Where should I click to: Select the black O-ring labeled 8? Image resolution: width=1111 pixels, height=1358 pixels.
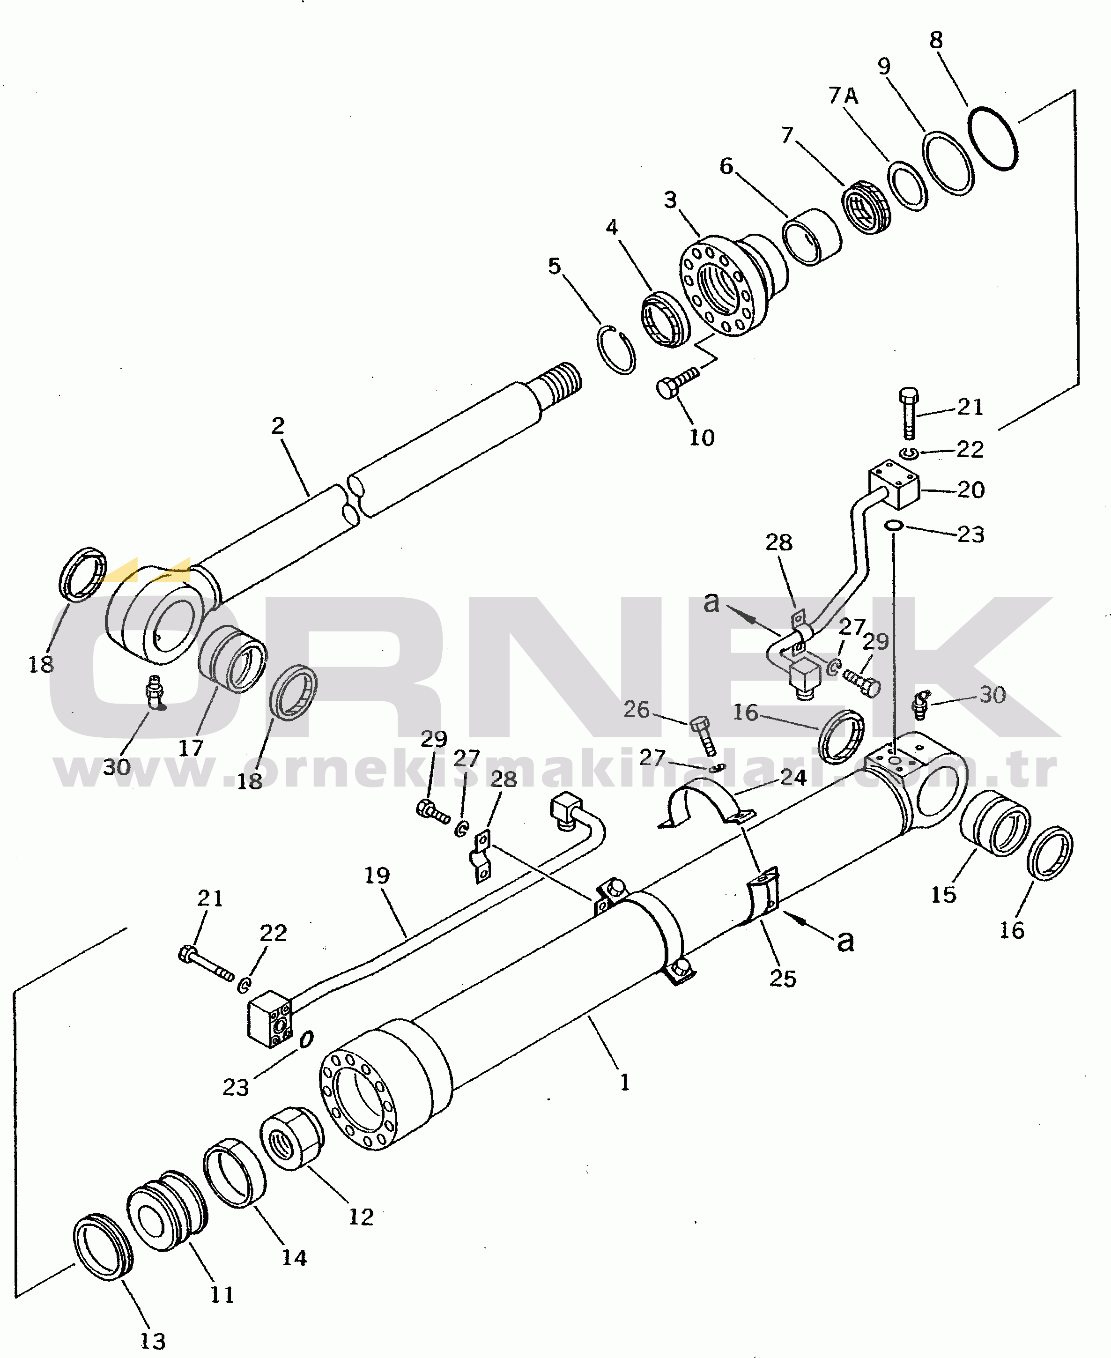992,138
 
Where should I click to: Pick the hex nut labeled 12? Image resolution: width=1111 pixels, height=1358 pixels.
292,1138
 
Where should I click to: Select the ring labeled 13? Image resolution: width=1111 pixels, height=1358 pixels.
103,1246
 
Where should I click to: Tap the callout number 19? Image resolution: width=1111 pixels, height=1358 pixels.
377,875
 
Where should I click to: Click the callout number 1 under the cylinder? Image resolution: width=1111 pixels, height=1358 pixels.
625,1082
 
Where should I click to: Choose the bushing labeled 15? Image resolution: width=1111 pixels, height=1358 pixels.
994,823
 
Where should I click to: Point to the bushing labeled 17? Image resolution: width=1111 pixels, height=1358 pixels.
232,659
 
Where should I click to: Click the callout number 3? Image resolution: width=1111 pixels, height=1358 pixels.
670,200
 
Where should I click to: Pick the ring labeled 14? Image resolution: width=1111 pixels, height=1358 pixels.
234,1172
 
